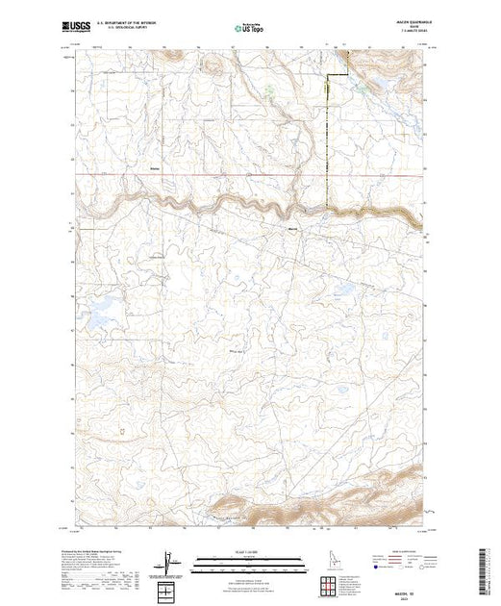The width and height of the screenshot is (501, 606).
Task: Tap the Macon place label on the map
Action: (294, 228)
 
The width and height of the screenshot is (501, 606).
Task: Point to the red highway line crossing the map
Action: (192, 174)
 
